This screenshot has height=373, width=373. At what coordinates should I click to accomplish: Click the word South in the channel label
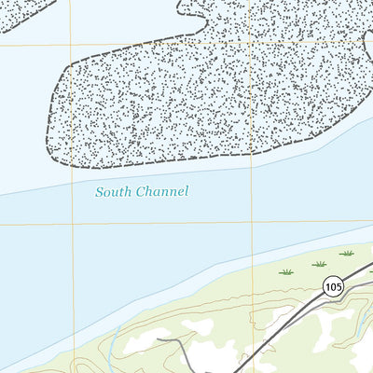113,192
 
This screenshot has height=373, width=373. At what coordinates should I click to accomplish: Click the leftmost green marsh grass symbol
286,271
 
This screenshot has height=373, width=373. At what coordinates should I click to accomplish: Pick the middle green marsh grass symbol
320,264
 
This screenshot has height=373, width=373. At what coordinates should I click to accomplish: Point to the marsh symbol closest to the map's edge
347,253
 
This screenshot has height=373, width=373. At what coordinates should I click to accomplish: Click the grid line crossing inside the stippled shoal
251,43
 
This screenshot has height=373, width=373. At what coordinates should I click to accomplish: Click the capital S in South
99,192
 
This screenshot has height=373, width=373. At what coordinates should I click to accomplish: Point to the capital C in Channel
140,192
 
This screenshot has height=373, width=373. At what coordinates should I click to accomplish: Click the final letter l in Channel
186,191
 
